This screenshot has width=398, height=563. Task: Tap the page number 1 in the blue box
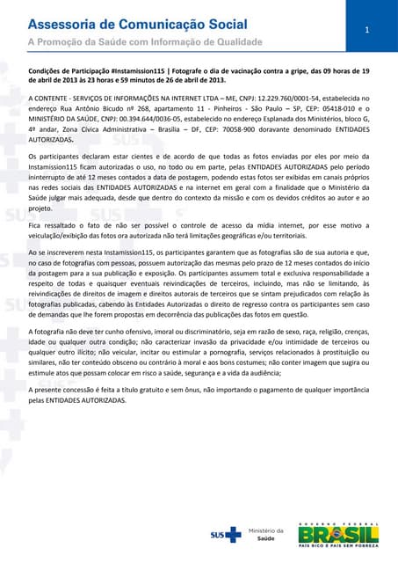click(x=367, y=31)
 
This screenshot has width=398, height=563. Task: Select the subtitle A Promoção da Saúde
click(x=146, y=41)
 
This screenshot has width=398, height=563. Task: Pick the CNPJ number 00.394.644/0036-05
click(x=160, y=120)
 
